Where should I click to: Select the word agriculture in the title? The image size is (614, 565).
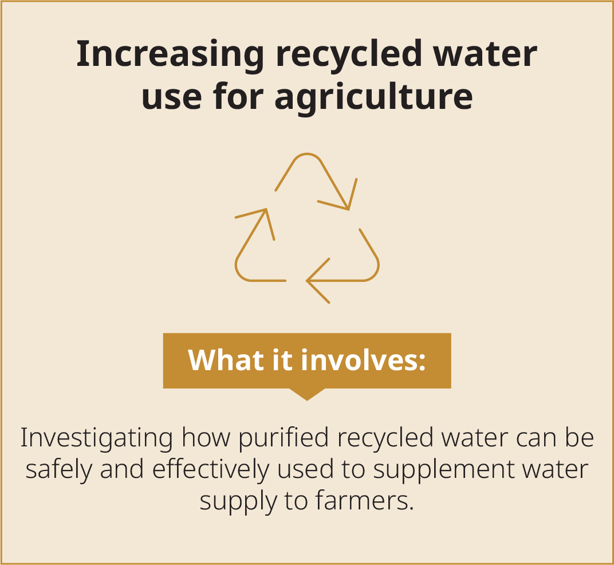(x=373, y=96)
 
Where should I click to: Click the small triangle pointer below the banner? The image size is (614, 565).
(x=307, y=394)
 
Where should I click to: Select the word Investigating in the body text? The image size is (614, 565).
(x=96, y=438)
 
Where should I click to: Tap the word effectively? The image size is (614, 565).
(x=211, y=469)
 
